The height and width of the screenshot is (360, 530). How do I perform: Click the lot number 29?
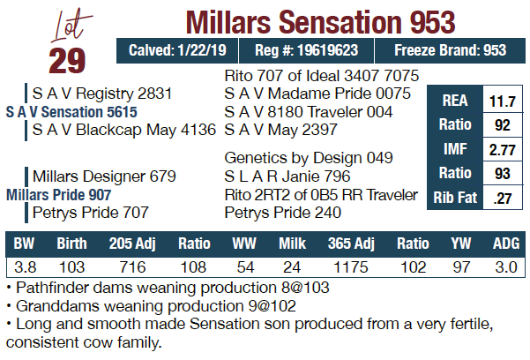click(x=67, y=61)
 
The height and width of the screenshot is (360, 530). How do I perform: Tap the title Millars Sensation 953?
click(x=320, y=22)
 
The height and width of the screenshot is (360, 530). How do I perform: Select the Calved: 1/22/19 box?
click(x=177, y=51)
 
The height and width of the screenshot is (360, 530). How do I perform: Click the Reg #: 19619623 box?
click(x=307, y=51)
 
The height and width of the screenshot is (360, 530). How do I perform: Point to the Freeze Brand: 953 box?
click(x=451, y=51)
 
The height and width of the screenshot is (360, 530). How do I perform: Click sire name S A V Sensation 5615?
click(x=71, y=112)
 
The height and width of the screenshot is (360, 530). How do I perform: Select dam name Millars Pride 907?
click(x=58, y=195)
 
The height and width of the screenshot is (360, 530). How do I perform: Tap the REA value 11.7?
click(x=503, y=101)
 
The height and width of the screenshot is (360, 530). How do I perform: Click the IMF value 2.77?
click(x=503, y=149)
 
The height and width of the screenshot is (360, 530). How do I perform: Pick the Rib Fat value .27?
click(x=503, y=199)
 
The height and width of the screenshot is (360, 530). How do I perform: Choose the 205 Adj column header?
click(x=132, y=244)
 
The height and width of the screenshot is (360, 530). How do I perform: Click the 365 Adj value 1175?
click(x=350, y=267)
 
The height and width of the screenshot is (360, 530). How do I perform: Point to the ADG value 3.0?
click(x=506, y=267)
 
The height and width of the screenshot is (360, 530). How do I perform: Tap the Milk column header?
click(x=292, y=244)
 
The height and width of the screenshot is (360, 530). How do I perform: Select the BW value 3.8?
click(x=25, y=267)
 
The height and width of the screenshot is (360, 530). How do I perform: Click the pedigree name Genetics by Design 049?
click(x=309, y=158)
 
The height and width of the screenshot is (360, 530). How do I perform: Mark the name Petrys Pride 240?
click(x=283, y=213)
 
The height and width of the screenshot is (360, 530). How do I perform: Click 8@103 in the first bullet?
click(x=305, y=288)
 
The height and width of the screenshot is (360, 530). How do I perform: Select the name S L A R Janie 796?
click(x=287, y=176)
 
